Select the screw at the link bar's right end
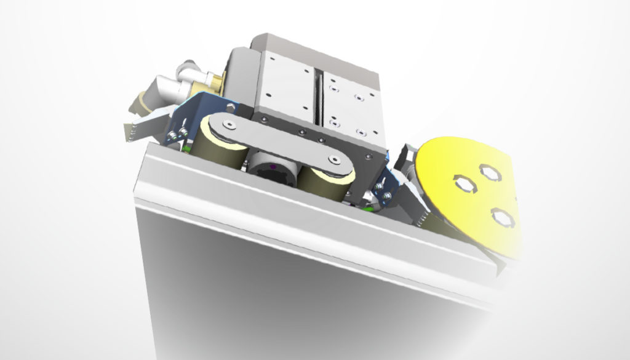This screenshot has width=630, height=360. coord(333,159)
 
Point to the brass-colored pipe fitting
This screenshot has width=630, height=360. coord(216,79)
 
